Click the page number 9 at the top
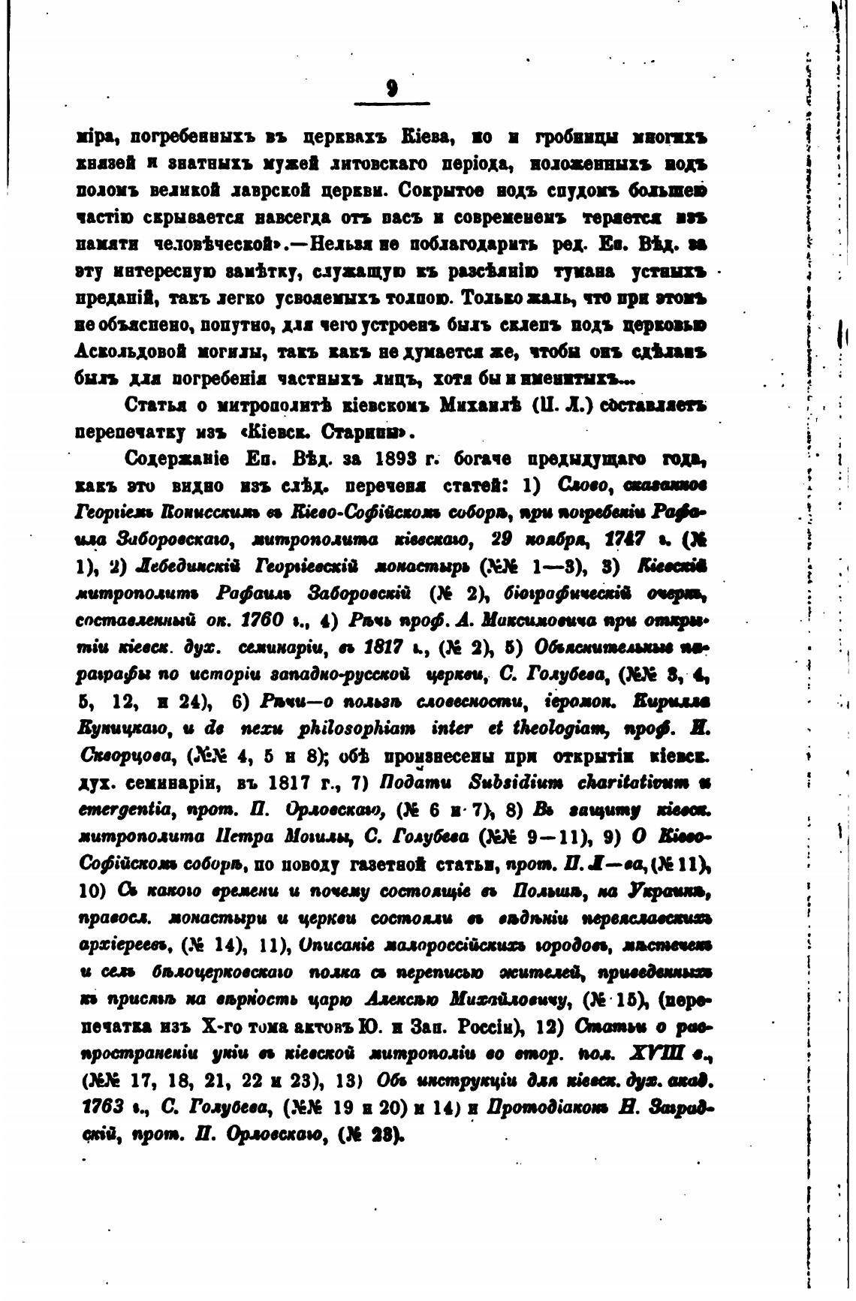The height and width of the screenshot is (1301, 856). click(391, 89)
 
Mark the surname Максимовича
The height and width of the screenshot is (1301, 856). click(530, 621)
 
